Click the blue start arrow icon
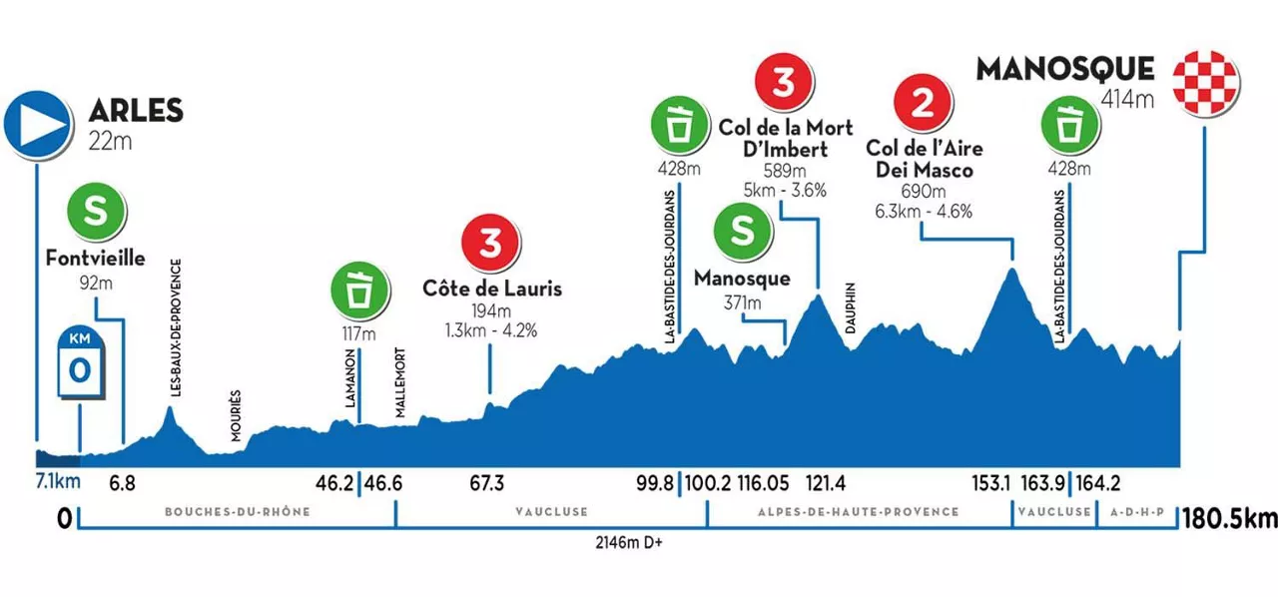pos(36,123)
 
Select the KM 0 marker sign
pos(81,364)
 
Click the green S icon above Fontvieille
pos(95,213)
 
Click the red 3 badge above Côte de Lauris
pos(489,244)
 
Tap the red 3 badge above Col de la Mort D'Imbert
pos(785,85)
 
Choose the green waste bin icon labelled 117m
pos(357,289)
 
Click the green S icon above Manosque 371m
pos(742,231)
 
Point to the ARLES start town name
pos(136,111)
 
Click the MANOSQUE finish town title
pos(1064,70)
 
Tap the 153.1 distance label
pos(991,484)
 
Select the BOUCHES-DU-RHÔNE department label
pos(237,512)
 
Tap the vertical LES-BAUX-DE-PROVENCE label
pos(175,329)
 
